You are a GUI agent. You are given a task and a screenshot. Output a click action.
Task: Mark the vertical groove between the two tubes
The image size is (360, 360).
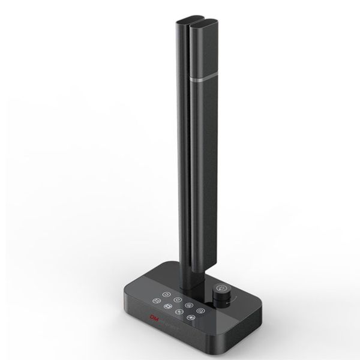[191, 150]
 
